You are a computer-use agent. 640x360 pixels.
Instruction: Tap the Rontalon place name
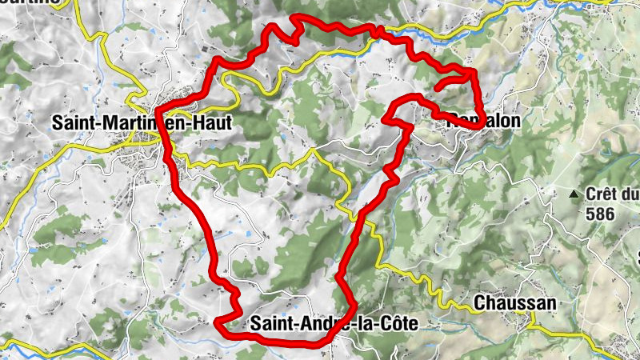(x=484, y=121)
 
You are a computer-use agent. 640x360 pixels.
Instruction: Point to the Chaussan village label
(x=514, y=303)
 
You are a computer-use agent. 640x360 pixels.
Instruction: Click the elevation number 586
(x=599, y=214)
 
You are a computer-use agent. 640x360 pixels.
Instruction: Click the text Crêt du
(x=613, y=194)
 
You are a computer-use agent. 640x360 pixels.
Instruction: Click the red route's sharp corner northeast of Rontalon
(x=474, y=73)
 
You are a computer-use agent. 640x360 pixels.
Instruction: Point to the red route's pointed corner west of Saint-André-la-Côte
(x=218, y=322)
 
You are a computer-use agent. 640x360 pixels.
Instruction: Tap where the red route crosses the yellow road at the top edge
(x=381, y=32)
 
